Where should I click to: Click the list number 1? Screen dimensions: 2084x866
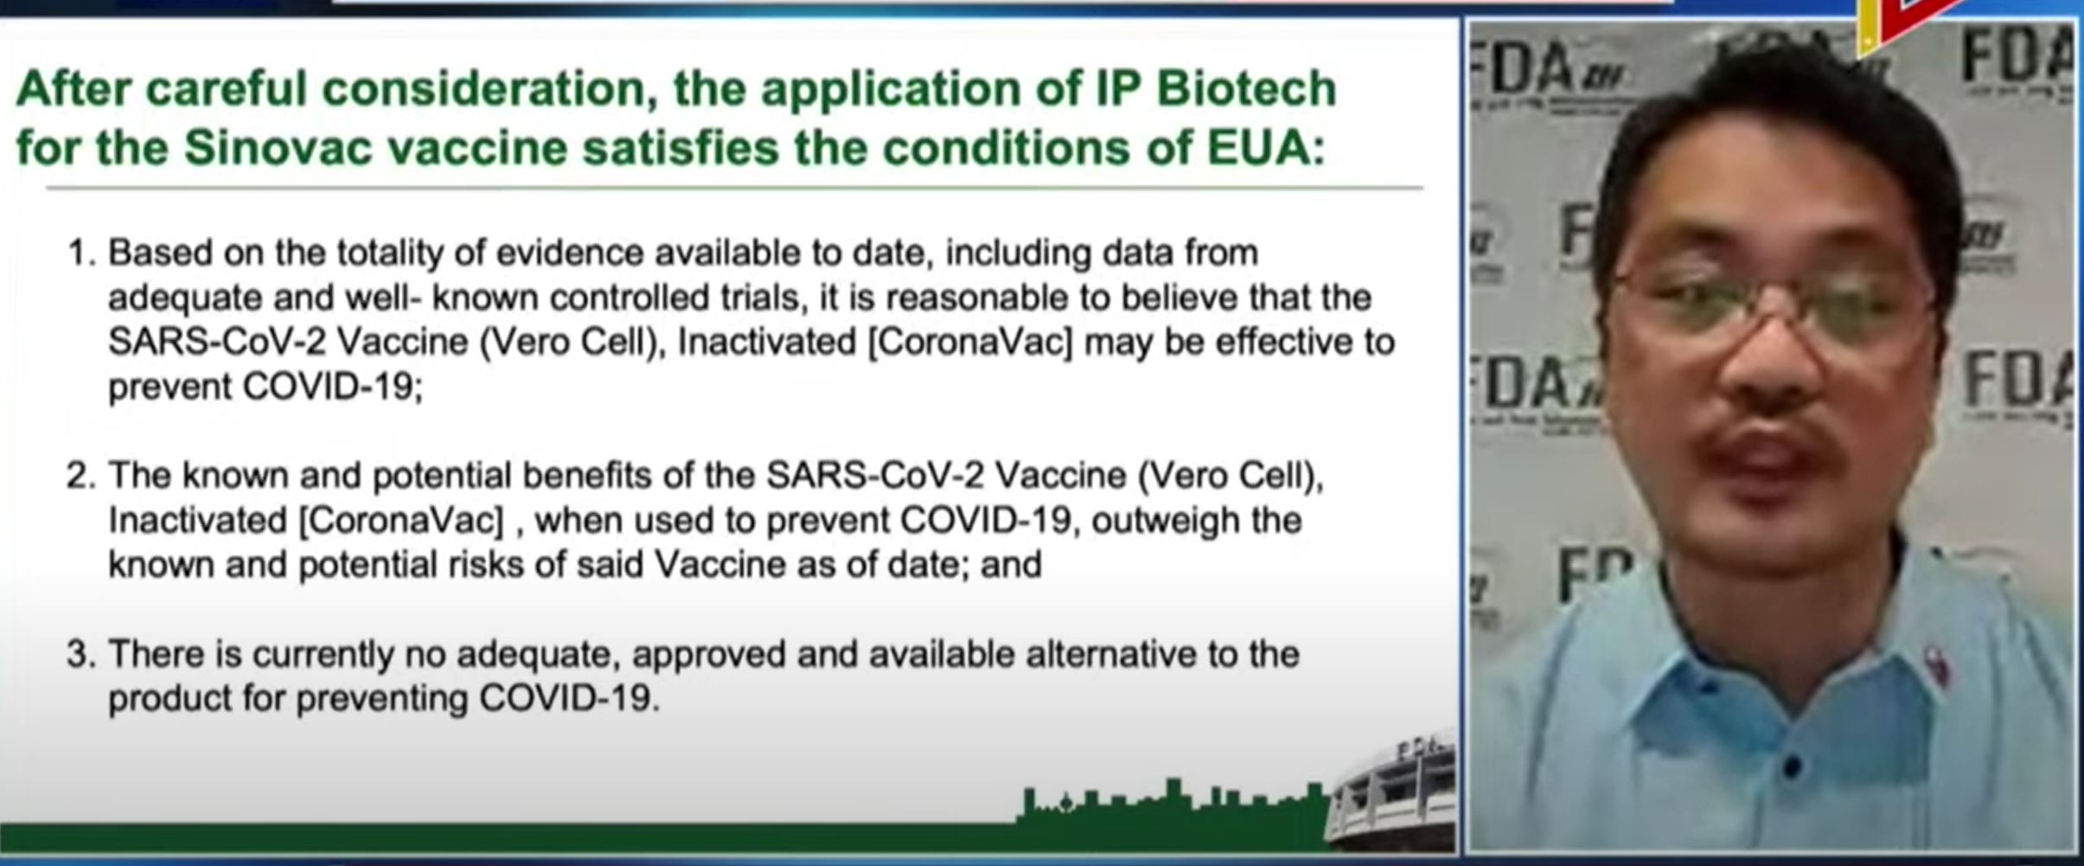point(80,253)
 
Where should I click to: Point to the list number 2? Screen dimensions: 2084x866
point(80,475)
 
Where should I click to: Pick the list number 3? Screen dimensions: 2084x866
point(80,654)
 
